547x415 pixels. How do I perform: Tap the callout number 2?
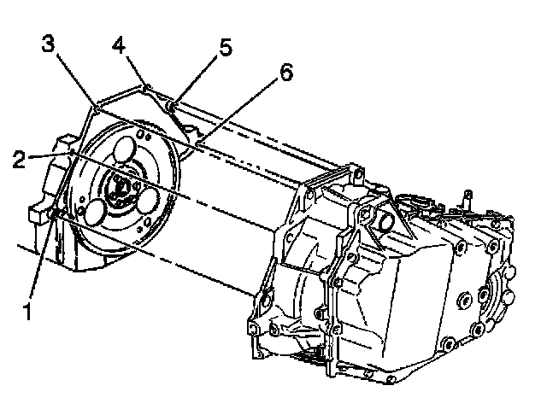pos(20,160)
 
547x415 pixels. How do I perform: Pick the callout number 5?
pos(225,47)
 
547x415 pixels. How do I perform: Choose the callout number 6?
pos(286,73)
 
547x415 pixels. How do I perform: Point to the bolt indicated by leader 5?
pos(171,106)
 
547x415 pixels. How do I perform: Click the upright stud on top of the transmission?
pos(468,199)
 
